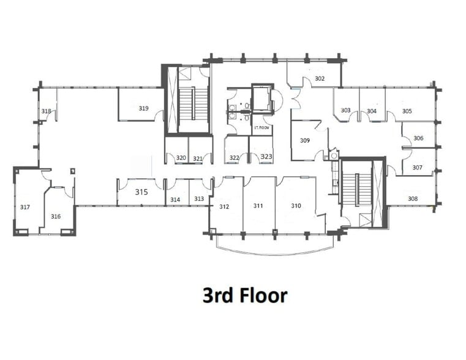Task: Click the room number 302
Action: click(x=320, y=79)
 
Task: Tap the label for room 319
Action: click(x=143, y=108)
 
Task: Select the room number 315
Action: click(x=141, y=192)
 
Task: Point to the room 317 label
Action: click(x=25, y=207)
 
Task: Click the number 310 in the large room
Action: click(x=296, y=206)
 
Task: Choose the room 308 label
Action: click(x=413, y=198)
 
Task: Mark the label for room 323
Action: click(x=266, y=157)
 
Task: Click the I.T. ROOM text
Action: click(x=262, y=127)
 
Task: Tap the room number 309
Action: click(x=304, y=141)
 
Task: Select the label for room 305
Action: click(x=407, y=111)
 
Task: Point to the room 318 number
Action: click(x=46, y=111)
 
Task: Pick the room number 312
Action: click(x=224, y=206)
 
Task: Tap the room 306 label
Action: click(x=418, y=138)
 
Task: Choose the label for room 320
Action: click(x=181, y=158)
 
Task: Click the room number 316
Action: click(x=56, y=216)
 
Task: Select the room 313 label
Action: click(x=199, y=198)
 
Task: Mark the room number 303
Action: click(x=345, y=111)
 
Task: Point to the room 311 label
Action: click(x=258, y=206)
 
